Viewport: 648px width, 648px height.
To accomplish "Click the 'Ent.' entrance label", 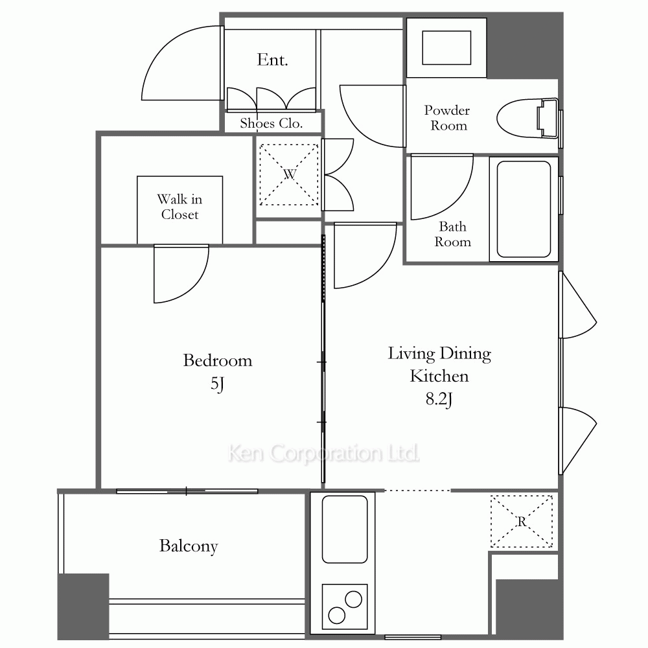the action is (x=272, y=60).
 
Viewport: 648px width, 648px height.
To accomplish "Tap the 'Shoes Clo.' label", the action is (x=272, y=123).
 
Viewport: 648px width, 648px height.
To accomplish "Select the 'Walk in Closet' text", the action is (x=179, y=207).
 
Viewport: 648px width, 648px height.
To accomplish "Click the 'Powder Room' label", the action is (x=447, y=118).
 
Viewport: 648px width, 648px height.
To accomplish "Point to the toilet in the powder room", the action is (x=527, y=118).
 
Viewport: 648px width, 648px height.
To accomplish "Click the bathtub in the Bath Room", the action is (x=524, y=209).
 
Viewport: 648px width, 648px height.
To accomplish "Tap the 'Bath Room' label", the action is (x=452, y=234).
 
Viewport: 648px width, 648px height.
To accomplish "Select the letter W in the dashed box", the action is (x=290, y=174).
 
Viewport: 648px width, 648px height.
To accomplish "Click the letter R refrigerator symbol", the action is (x=522, y=522).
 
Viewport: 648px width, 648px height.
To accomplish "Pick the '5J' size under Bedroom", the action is (x=217, y=384).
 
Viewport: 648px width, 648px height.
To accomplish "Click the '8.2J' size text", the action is (x=439, y=399).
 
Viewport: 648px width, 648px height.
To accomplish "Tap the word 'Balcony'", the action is (x=189, y=546).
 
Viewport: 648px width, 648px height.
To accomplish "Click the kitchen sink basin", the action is (x=345, y=529).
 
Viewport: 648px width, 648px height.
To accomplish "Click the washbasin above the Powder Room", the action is (x=446, y=47).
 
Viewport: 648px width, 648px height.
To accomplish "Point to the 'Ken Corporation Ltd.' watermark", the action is (x=323, y=453).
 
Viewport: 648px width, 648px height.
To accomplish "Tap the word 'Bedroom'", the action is (x=217, y=360).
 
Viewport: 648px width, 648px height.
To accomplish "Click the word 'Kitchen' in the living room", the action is (x=439, y=376).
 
